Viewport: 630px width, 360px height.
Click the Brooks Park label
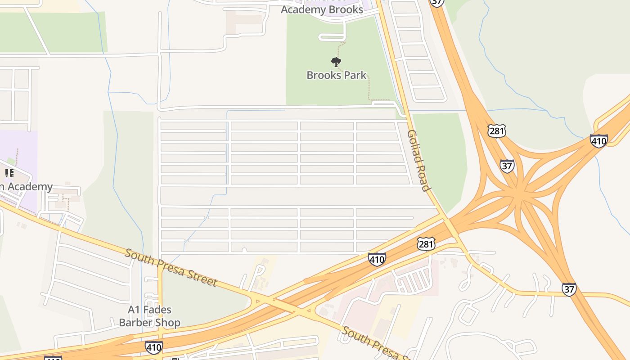tap(337, 75)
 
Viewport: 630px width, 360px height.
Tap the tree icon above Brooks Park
tap(336, 62)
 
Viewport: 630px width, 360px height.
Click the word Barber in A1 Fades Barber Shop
tap(135, 323)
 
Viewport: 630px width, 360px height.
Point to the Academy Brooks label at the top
tap(322, 9)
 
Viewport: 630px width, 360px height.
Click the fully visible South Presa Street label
tap(171, 267)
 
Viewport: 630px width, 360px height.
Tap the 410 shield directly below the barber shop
tap(153, 347)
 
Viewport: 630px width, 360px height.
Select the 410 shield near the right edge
tap(598, 141)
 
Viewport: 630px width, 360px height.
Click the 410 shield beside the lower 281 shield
tap(377, 259)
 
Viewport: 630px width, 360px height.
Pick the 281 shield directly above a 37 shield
tap(496, 131)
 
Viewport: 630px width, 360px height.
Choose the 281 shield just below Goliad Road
tap(426, 244)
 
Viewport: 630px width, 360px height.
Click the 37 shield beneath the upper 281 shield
tap(507, 166)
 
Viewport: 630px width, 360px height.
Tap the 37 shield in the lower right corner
tap(569, 289)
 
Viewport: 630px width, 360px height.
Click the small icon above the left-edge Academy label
tap(9, 173)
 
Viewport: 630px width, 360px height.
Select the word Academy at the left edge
tap(30, 186)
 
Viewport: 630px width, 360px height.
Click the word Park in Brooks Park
tap(354, 75)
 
